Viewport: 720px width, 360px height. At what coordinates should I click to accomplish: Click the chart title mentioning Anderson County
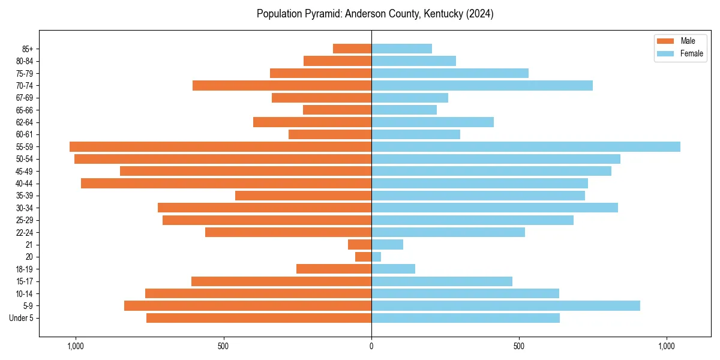pyautogui.click(x=375, y=14)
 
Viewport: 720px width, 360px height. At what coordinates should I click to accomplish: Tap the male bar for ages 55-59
pyautogui.click(x=220, y=146)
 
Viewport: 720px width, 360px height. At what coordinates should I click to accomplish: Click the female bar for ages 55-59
pyautogui.click(x=526, y=146)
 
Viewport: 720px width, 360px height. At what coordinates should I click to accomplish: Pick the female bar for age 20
pyautogui.click(x=376, y=257)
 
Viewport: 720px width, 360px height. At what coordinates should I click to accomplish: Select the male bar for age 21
pyautogui.click(x=360, y=244)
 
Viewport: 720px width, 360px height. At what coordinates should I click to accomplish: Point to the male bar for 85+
pyautogui.click(x=352, y=49)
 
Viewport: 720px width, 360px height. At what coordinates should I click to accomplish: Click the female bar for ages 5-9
pyautogui.click(x=506, y=305)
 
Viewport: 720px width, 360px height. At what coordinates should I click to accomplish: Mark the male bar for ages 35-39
pyautogui.click(x=303, y=196)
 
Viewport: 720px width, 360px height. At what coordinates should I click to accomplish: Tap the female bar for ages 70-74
pyautogui.click(x=482, y=85)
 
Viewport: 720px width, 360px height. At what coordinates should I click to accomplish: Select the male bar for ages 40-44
pyautogui.click(x=226, y=183)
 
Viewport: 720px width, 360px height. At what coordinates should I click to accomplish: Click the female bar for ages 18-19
pyautogui.click(x=393, y=269)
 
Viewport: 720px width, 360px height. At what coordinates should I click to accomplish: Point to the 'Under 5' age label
pyautogui.click(x=21, y=318)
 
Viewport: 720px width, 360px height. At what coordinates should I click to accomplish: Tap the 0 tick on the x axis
pyautogui.click(x=371, y=346)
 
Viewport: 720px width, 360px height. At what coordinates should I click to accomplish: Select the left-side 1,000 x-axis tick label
pyautogui.click(x=76, y=346)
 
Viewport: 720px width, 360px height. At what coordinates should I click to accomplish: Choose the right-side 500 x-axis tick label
pyautogui.click(x=520, y=346)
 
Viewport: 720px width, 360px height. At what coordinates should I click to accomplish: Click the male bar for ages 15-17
pyautogui.click(x=281, y=281)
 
